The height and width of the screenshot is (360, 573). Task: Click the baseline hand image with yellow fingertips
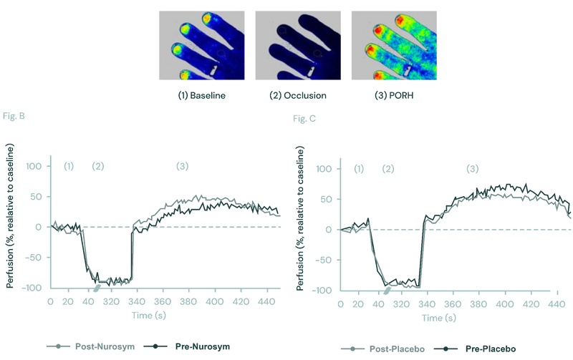[x=201, y=45]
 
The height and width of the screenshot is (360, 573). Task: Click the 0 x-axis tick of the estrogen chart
[x=50, y=303]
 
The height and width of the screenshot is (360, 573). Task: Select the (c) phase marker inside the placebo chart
[x=472, y=169]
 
